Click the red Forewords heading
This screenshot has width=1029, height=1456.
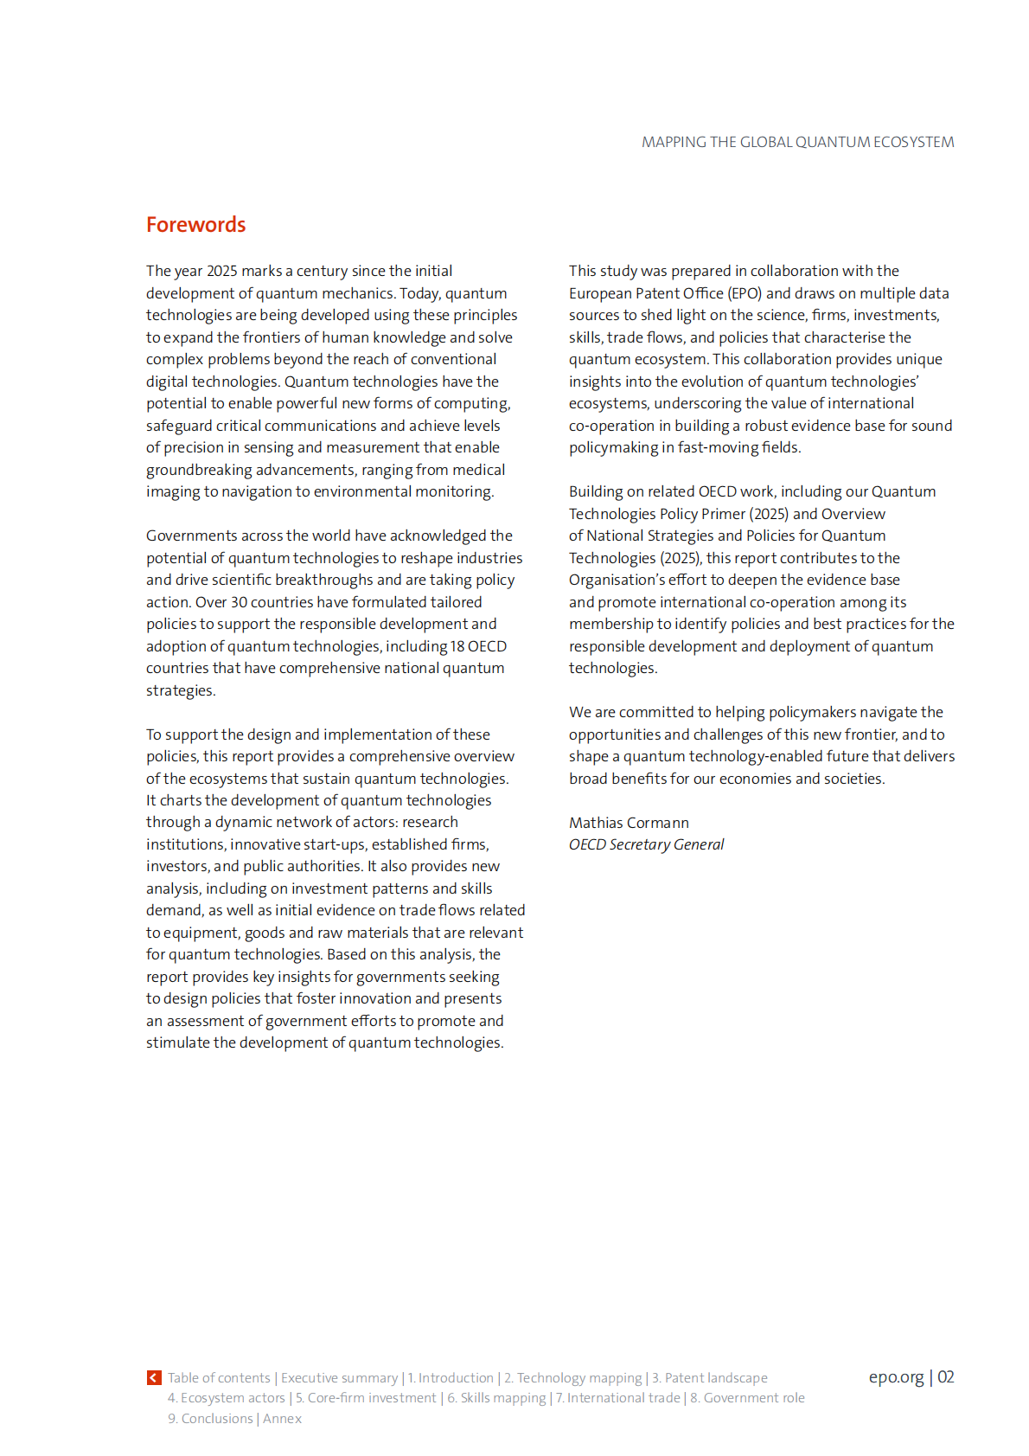click(x=195, y=225)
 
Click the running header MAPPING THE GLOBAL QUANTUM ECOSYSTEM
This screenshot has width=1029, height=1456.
click(x=797, y=142)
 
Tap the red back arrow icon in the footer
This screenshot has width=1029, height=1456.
click(x=154, y=1377)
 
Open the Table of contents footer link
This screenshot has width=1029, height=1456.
click(x=219, y=1377)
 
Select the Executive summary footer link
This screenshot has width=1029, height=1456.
click(x=339, y=1377)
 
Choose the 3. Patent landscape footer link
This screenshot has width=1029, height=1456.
click(x=709, y=1377)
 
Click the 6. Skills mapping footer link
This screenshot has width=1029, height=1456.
click(x=496, y=1398)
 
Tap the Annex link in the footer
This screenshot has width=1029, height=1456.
click(x=282, y=1419)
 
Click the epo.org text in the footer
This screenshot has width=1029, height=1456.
click(x=896, y=1377)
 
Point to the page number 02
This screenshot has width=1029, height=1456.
click(x=946, y=1377)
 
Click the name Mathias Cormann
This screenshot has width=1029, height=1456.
click(x=629, y=823)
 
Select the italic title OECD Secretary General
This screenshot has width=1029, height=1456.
click(x=646, y=844)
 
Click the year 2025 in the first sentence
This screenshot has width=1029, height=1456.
click(x=221, y=272)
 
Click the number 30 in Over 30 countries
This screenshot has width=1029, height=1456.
click(x=239, y=602)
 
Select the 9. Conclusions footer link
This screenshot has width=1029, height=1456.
click(x=210, y=1419)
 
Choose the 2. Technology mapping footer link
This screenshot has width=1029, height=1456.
click(x=572, y=1377)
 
